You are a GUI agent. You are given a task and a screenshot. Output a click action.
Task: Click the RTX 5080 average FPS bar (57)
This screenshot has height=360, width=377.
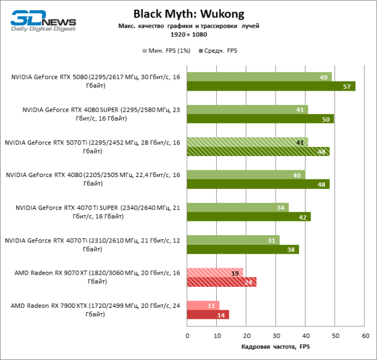(271, 86)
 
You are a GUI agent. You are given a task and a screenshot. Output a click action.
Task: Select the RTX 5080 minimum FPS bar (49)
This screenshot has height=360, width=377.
(259, 77)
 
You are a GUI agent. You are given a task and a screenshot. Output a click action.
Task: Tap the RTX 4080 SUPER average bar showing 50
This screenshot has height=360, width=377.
(260, 119)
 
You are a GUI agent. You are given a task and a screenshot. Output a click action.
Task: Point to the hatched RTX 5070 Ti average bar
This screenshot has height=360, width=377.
(258, 151)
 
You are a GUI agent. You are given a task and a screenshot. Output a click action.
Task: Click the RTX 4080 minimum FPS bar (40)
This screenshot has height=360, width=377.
(246, 175)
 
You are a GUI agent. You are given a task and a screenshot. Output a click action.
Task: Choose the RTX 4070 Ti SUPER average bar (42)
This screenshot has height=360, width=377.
(249, 217)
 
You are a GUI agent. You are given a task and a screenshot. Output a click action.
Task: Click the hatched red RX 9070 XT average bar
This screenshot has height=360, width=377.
(222, 282)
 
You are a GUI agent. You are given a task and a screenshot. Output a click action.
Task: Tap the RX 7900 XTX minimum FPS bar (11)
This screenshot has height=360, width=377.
(203, 305)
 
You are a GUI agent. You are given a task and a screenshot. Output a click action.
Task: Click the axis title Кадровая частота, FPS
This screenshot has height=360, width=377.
(276, 347)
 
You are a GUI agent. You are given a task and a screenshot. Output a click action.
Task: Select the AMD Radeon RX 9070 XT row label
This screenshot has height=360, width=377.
(92, 277)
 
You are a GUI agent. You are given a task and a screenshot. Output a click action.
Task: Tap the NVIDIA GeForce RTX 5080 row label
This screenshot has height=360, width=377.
(92, 81)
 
